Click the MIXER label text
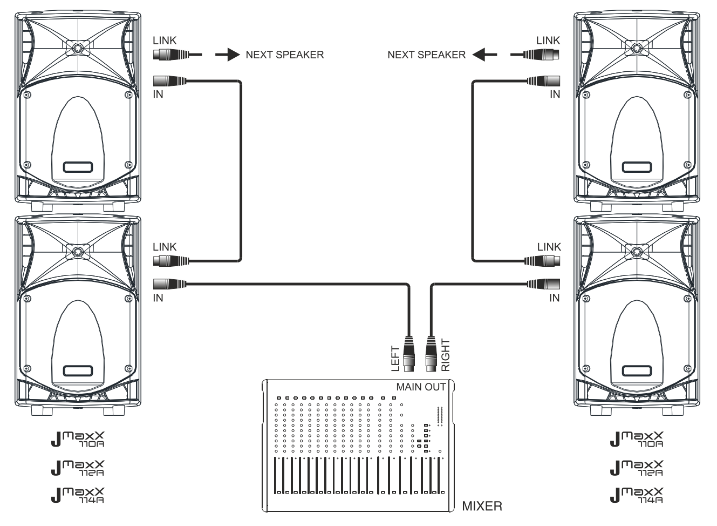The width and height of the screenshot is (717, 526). (482, 507)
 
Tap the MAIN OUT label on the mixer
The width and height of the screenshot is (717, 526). (421, 387)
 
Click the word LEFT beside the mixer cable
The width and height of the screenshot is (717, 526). (395, 358)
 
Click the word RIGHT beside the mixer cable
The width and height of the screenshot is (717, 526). (445, 355)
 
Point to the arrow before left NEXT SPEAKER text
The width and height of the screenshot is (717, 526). (227, 55)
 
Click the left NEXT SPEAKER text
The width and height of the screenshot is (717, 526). (284, 55)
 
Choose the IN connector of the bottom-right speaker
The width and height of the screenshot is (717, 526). (543, 283)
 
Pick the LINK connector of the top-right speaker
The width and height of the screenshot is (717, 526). (543, 54)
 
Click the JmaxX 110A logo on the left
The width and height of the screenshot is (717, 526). (78, 440)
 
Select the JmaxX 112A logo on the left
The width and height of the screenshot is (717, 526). (78, 468)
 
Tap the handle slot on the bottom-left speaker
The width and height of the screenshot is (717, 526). (78, 371)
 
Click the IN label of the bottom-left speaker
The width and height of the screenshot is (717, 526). (158, 298)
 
